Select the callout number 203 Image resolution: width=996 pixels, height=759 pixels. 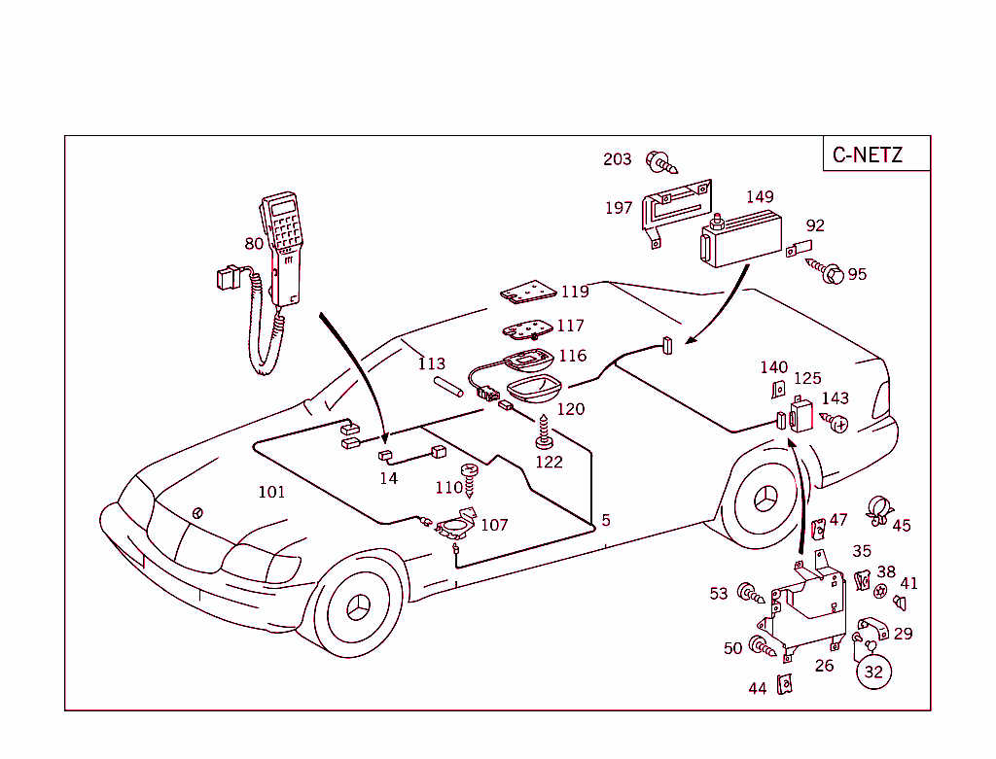click(617, 159)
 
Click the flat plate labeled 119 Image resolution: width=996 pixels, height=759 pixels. click(528, 292)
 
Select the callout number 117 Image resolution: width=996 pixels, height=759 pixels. click(570, 327)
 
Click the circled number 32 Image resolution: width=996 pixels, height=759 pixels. click(873, 671)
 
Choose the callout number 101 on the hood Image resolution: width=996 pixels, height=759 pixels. click(271, 492)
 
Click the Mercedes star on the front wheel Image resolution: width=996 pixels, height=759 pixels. click(360, 608)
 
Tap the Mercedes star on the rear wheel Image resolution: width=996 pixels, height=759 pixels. click(765, 500)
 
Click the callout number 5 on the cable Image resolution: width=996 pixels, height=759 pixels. click(606, 521)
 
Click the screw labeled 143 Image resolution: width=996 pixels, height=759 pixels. click(834, 421)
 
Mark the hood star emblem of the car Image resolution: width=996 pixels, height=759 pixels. click(199, 512)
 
